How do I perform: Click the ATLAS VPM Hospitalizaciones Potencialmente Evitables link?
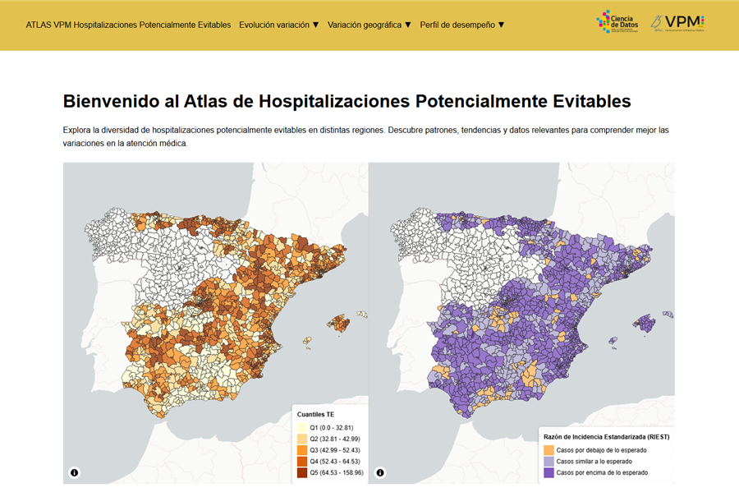[128, 25]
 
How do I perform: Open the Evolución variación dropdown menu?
[278, 25]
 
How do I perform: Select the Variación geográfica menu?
[369, 25]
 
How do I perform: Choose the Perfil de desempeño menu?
[461, 25]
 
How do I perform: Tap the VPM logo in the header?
[677, 23]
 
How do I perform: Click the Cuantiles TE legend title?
[315, 415]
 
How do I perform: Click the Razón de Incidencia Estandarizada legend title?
[606, 437]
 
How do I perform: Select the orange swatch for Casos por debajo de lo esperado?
[549, 450]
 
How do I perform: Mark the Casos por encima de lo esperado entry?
[602, 472]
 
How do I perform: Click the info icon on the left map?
[75, 472]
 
